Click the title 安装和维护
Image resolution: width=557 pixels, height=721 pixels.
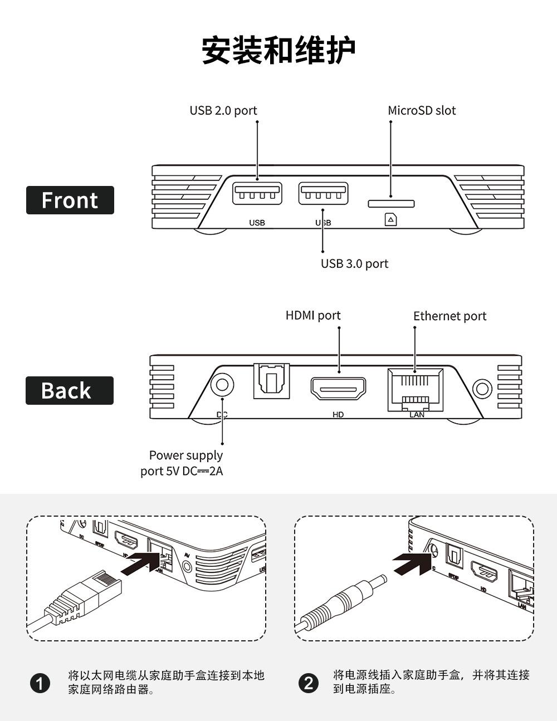[278, 51]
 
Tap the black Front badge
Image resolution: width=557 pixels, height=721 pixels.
[70, 200]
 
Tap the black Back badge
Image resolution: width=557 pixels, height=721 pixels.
[70, 390]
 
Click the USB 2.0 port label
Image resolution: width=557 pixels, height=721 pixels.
[223, 110]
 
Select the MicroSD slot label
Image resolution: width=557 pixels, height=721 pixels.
[422, 110]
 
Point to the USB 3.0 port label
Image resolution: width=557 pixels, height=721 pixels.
[354, 263]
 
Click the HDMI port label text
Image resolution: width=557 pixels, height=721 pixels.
[313, 315]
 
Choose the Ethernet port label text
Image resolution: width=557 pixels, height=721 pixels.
[449, 316]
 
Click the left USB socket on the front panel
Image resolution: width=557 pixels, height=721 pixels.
[257, 193]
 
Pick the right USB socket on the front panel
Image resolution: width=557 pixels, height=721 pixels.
[324, 193]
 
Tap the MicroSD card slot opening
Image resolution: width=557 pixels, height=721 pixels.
[391, 204]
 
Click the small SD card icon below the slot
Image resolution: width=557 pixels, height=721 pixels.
[391, 220]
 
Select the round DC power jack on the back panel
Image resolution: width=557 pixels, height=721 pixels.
[222, 385]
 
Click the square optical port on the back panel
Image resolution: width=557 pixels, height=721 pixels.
[271, 381]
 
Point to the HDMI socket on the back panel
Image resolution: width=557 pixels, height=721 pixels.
[339, 388]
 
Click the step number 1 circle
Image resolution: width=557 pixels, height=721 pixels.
[40, 683]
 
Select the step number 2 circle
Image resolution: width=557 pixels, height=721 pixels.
[309, 683]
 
